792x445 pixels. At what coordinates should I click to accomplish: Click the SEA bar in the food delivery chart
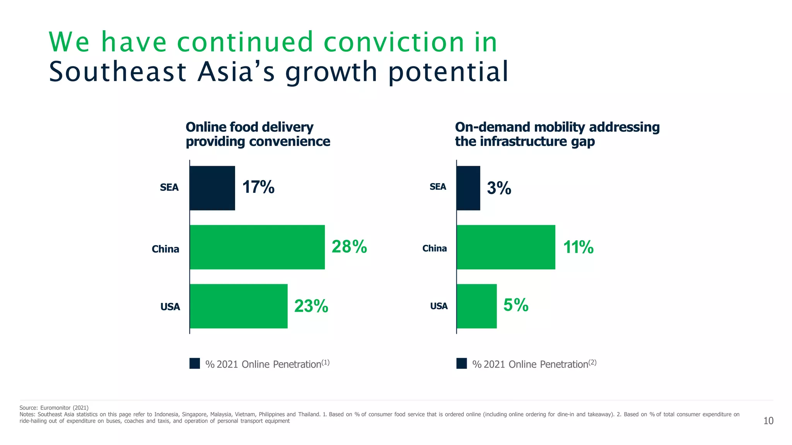212,188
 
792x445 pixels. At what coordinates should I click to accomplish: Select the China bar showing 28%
257,247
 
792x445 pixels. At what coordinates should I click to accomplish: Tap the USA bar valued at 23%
239,306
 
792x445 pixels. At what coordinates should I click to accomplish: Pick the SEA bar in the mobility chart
468,188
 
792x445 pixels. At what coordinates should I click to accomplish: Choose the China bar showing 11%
506,247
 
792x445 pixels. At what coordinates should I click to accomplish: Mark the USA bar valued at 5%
477,306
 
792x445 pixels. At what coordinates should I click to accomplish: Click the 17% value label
258,187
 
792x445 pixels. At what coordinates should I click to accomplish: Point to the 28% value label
349,246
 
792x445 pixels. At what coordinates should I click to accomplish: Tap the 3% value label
499,188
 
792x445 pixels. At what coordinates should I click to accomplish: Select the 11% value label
578,247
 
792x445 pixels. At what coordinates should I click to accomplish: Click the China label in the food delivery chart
166,249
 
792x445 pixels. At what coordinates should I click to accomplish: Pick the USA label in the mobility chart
439,306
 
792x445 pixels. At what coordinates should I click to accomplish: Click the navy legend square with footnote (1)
195,363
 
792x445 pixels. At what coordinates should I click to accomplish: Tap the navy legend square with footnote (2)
461,363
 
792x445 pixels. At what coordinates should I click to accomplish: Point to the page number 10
768,421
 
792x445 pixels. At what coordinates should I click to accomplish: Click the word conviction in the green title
394,42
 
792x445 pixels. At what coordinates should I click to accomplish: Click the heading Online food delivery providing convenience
258,134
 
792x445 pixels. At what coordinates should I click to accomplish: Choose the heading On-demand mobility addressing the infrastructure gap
557,134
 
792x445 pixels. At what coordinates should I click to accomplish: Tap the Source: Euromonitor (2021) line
54,408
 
